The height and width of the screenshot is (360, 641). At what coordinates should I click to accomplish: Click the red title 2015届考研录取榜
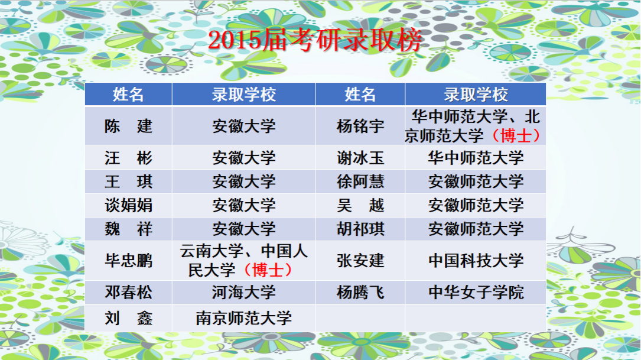click(x=315, y=41)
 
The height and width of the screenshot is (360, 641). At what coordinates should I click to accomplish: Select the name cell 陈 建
click(x=128, y=126)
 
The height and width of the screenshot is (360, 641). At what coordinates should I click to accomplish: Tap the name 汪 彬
click(x=128, y=158)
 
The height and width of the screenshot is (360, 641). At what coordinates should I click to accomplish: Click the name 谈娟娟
click(x=128, y=205)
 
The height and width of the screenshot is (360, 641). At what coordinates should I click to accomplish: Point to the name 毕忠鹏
click(x=128, y=261)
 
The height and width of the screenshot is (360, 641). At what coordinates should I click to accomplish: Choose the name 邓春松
click(x=128, y=293)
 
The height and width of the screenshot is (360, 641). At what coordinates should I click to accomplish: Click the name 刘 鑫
click(x=128, y=318)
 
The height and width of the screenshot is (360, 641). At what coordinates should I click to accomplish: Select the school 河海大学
click(x=243, y=293)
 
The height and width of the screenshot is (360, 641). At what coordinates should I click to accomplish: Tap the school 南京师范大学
click(x=243, y=318)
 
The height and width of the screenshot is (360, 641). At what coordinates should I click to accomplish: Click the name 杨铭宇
click(x=360, y=126)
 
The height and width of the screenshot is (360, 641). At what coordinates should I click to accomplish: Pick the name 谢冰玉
click(x=360, y=158)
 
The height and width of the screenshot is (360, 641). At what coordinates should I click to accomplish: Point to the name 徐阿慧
click(x=360, y=181)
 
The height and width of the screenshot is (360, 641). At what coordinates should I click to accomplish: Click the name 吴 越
click(x=360, y=205)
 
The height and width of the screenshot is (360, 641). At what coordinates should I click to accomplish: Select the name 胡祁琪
click(x=360, y=229)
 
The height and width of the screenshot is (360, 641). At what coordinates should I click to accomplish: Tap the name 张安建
click(x=360, y=261)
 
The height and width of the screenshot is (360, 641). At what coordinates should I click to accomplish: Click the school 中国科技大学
click(x=476, y=261)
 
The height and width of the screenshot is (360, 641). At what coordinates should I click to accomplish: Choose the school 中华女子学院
click(x=476, y=293)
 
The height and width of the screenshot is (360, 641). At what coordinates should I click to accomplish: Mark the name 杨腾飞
click(x=360, y=293)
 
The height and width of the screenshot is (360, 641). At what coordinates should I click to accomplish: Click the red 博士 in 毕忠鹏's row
click(x=268, y=270)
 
